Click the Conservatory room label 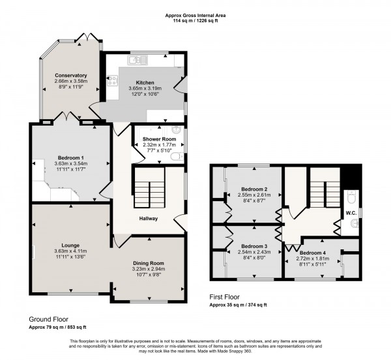(71, 75)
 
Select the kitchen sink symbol (138, 61)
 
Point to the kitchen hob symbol (112, 81)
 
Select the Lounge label (70, 245)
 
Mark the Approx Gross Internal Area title (195, 13)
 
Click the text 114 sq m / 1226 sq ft (195, 20)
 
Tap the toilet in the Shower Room (176, 157)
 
